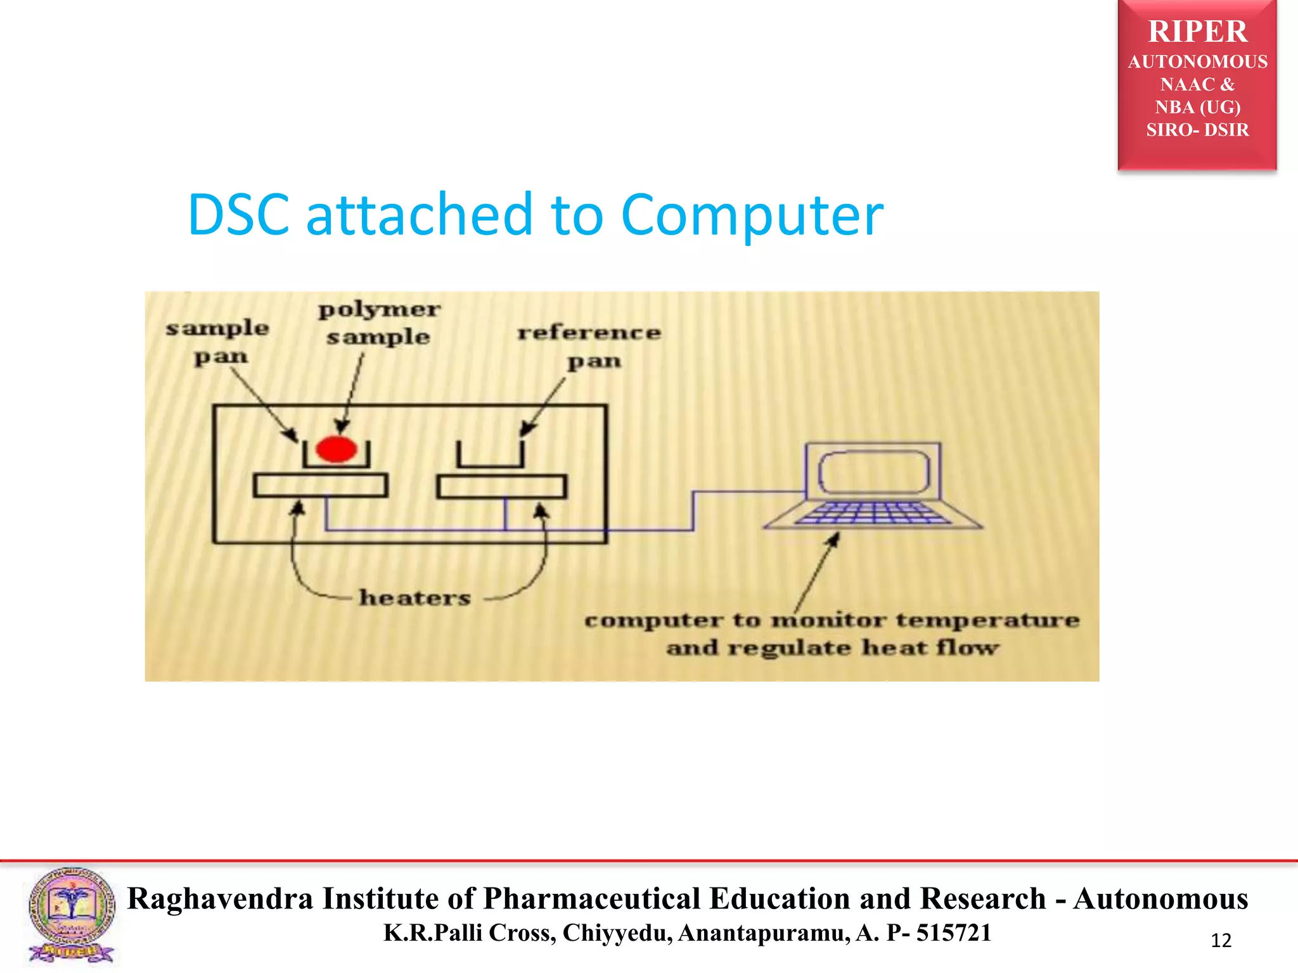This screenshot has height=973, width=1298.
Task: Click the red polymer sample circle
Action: click(x=336, y=449)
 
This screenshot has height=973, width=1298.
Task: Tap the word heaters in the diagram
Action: click(x=415, y=597)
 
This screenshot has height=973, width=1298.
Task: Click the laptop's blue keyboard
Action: click(x=873, y=513)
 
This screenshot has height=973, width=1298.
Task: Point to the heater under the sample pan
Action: click(x=320, y=486)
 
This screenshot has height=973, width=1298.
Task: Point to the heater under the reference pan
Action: click(x=501, y=487)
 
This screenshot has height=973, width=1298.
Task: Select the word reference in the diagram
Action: click(x=589, y=333)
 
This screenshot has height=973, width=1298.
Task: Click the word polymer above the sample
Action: click(x=379, y=310)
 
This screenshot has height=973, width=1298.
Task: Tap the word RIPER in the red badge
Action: click(x=1197, y=32)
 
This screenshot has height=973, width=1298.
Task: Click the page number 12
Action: click(x=1221, y=941)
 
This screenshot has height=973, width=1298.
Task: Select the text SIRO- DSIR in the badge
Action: click(x=1197, y=130)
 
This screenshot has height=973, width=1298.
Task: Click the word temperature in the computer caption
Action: click(x=987, y=620)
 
